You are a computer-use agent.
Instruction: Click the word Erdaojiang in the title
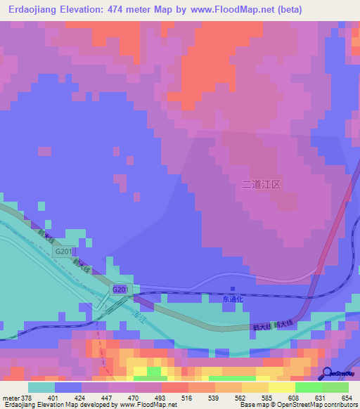click(34, 9)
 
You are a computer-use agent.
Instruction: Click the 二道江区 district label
click(261, 185)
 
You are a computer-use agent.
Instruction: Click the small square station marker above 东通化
click(233, 289)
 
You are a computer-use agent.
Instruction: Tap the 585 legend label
click(267, 398)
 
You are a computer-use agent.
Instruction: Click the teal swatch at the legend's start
click(41, 387)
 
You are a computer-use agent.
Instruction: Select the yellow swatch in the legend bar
click(281, 387)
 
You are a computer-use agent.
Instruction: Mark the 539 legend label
click(214, 398)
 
